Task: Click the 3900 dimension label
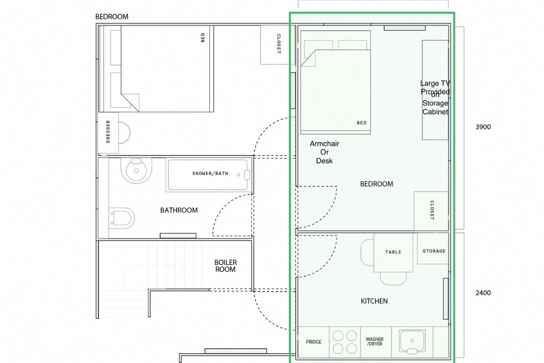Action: click(483, 127)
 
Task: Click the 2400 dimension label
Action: click(483, 293)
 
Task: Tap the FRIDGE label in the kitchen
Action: click(314, 342)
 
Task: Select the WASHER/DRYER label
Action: click(374, 341)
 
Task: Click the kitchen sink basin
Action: click(412, 341)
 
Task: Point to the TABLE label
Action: click(393, 252)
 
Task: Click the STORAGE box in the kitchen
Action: click(433, 248)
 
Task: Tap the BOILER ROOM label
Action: click(226, 266)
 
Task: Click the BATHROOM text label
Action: click(179, 210)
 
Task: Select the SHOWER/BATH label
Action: click(210, 174)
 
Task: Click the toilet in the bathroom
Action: click(121, 218)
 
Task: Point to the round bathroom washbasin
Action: click(136, 171)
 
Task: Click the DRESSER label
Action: click(108, 132)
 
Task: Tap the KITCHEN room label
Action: click(374, 301)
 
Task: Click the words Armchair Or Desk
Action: click(325, 152)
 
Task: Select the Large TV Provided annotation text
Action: click(435, 87)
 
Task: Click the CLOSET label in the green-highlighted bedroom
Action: click(432, 210)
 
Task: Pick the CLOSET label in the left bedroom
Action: click(279, 44)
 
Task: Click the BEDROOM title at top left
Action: click(112, 17)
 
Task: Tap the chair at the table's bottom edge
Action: click(393, 278)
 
